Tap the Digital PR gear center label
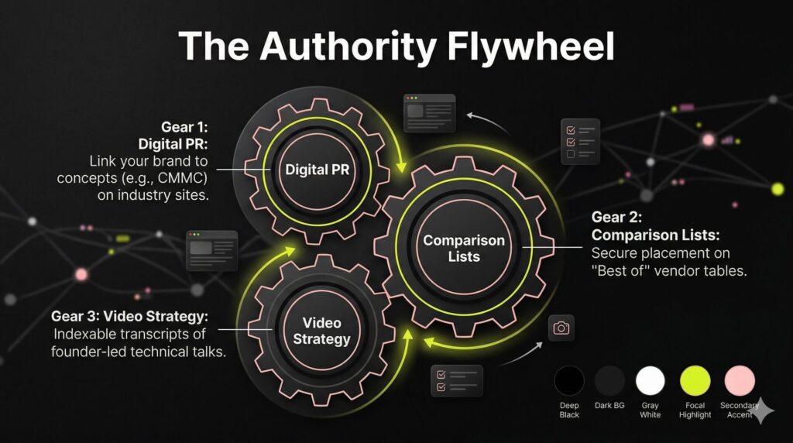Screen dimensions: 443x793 coord(317,170)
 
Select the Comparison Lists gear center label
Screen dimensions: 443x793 coord(463,248)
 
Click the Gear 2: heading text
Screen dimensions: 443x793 coord(616,218)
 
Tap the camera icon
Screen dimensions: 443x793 coord(561,328)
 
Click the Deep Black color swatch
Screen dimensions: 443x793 coord(569,381)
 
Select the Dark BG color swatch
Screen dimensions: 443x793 coord(609,381)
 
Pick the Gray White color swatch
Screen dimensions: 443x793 coord(651,381)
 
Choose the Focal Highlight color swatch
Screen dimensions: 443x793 coord(695,381)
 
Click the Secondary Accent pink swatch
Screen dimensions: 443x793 coord(739,381)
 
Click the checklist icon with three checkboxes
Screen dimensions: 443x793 coord(579,143)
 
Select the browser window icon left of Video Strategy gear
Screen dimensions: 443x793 coord(211,249)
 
